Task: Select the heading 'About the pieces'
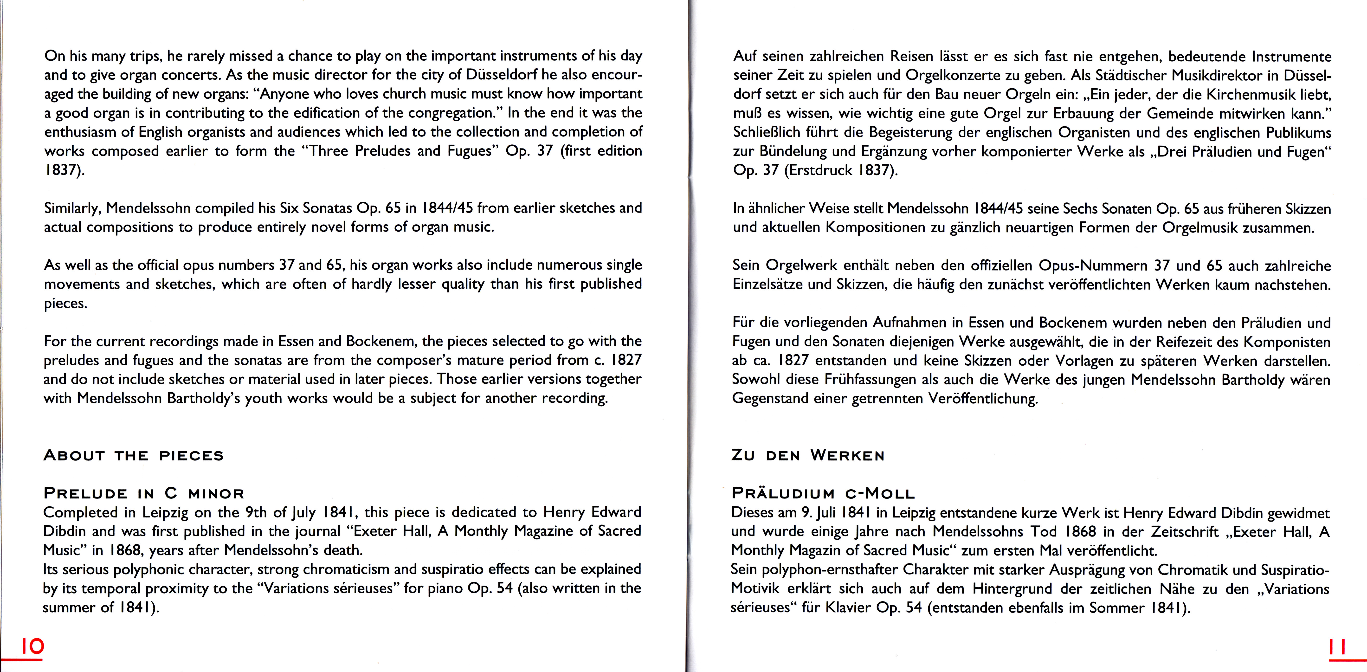(x=134, y=455)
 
